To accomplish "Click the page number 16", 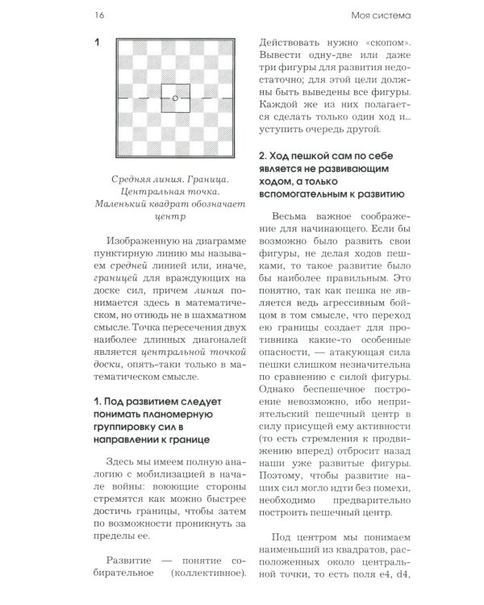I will [99, 14].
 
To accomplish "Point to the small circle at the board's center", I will [175, 98].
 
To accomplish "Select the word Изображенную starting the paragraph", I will [148, 240].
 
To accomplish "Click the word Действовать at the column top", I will [290, 42].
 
